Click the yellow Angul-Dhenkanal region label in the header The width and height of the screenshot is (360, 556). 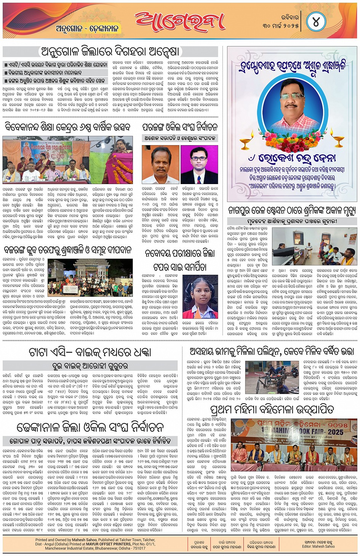[x=87, y=29]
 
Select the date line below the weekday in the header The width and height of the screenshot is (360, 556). [x=280, y=26]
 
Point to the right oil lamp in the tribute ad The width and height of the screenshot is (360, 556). [x=339, y=140]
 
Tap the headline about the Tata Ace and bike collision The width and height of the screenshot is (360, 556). [x=90, y=352]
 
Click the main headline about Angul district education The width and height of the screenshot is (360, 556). [x=110, y=51]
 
